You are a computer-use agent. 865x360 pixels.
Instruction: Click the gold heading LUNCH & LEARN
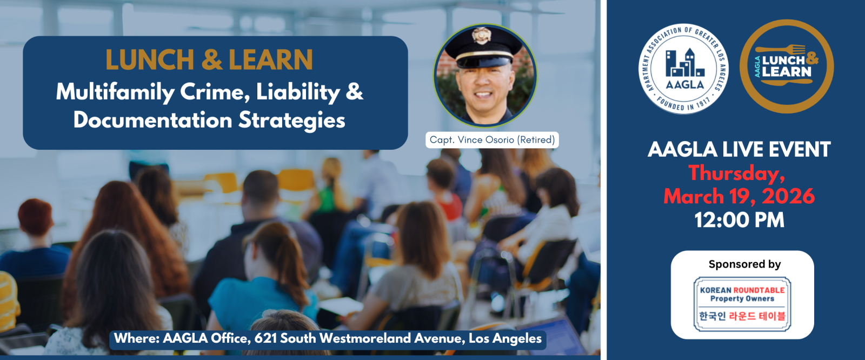point(209,60)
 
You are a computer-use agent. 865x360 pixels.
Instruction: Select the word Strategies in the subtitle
point(291,120)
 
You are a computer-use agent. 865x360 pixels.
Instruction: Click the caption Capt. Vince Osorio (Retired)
point(492,140)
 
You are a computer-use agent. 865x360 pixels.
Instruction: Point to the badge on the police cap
point(481,36)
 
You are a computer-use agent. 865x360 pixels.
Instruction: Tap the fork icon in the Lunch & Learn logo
point(780,49)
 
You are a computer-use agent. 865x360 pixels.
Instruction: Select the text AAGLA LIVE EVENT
point(738,150)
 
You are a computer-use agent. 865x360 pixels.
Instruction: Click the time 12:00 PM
point(739,220)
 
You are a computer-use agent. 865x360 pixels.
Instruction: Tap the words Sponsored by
point(744,264)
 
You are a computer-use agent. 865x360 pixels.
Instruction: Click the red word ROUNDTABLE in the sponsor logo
point(759,290)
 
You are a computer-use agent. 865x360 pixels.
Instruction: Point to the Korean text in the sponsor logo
point(742,316)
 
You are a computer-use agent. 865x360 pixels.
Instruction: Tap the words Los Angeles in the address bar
point(505,339)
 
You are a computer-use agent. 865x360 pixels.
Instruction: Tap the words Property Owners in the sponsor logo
point(742,298)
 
